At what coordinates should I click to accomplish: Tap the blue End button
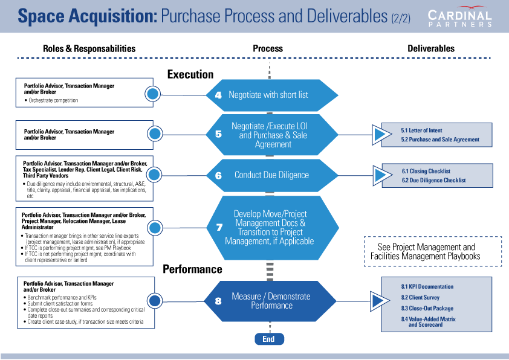point(268,339)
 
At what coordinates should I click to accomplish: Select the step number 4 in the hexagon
point(218,95)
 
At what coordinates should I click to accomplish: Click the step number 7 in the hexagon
point(219,227)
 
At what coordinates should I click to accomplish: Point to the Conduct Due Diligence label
point(271,175)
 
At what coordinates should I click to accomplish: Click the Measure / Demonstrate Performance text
point(271,300)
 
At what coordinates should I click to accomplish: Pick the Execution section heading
point(190,74)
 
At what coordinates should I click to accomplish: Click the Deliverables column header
point(430,48)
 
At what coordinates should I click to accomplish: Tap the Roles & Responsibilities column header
point(89,48)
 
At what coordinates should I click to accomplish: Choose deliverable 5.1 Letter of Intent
point(421,130)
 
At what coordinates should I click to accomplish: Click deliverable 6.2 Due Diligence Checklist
point(433,180)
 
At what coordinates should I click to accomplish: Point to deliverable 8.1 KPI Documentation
point(427,286)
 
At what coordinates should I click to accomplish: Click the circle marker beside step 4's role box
point(153,94)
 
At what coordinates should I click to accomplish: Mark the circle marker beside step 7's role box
point(155,228)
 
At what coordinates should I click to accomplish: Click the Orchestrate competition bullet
point(53,100)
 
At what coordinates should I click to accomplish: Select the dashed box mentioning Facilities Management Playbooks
point(433,251)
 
